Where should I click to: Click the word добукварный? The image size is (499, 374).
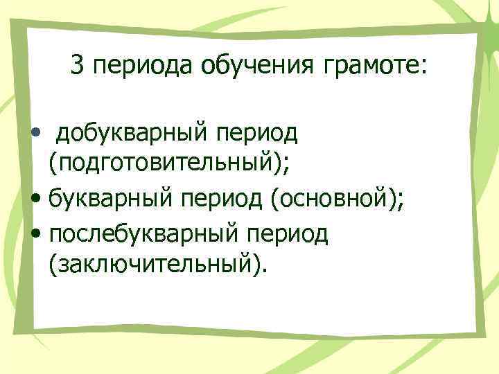[131, 132]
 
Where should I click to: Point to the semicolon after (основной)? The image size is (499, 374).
[402, 204]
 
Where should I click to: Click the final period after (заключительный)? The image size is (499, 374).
[263, 272]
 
